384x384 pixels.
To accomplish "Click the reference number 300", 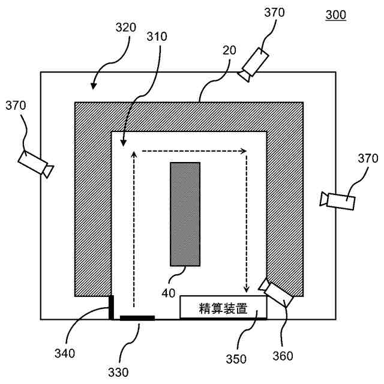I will (335, 16).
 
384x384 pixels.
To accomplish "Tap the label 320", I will (126, 28).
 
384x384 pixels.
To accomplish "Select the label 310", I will (157, 37).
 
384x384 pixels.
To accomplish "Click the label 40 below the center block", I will (169, 293).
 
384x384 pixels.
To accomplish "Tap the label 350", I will (236, 359).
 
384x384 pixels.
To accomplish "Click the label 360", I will (283, 356).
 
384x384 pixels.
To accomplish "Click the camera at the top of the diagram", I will (254, 64).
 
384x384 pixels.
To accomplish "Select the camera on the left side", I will (35, 163).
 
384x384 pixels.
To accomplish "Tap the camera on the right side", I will (338, 201).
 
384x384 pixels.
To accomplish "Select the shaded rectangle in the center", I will (185, 214).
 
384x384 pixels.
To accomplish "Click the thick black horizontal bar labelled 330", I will (137, 318).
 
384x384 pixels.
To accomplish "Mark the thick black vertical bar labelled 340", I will (110, 307).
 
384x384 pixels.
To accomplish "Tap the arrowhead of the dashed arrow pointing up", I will (133, 155).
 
